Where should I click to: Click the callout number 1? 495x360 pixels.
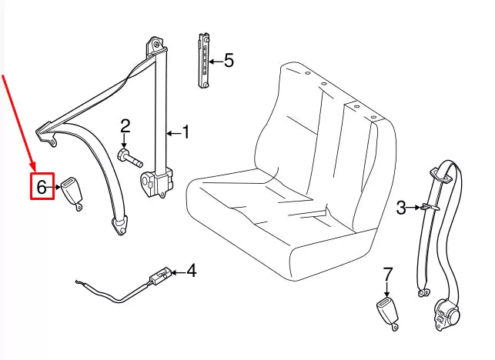185,132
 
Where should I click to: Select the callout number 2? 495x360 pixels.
125,126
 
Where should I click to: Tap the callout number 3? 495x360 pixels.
400,206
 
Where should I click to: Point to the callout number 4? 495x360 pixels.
191,271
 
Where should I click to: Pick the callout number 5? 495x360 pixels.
228,60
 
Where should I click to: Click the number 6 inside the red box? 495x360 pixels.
42,186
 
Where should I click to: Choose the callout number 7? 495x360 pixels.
388,273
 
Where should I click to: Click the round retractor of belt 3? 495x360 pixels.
446,313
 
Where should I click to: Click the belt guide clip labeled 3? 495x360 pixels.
429,207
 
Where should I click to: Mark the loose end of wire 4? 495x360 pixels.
77,283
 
